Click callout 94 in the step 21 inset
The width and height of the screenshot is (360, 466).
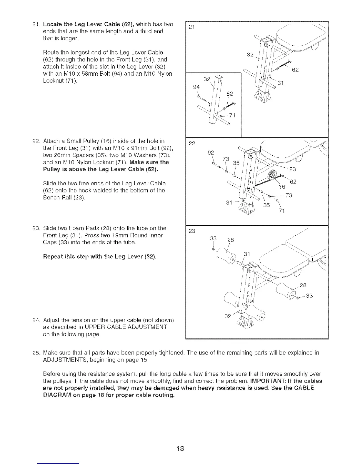tap(196, 87)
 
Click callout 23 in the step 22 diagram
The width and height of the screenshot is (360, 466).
tap(293, 169)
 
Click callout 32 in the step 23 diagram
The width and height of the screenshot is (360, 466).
tap(227, 316)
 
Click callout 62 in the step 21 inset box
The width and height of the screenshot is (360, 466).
tap(230, 94)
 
